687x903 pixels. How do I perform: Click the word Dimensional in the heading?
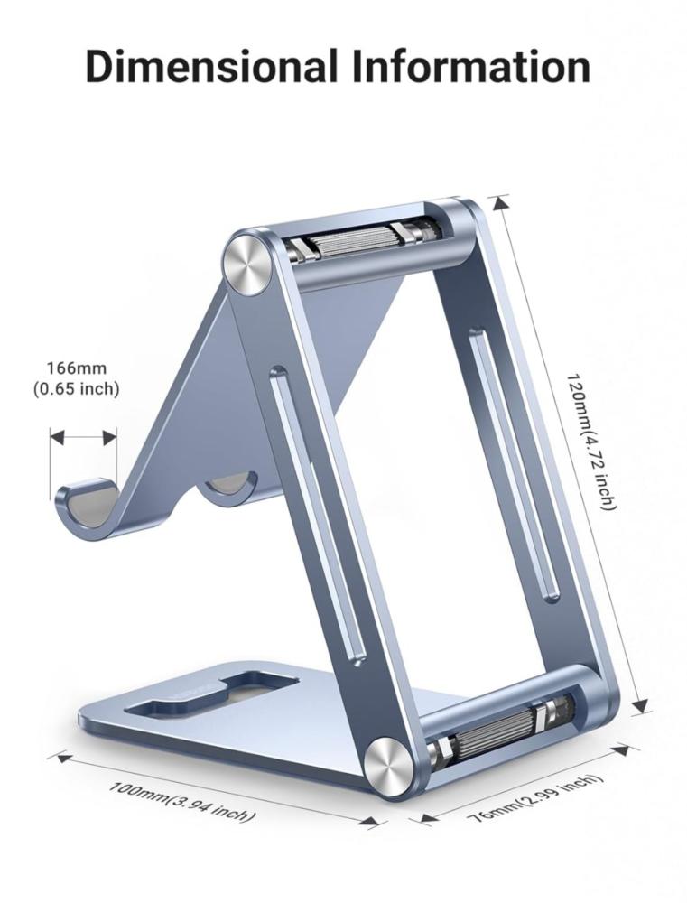[211, 67]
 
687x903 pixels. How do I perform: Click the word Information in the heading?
[471, 67]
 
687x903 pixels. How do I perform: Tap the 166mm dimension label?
[77, 368]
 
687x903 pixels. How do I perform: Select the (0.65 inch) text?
[76, 388]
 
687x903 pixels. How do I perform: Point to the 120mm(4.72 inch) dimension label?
[591, 442]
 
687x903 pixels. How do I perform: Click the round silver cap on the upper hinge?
[249, 263]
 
